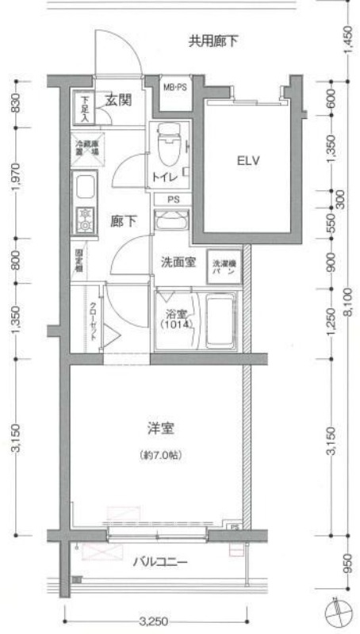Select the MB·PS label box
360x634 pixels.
174,87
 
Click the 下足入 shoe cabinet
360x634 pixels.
85,109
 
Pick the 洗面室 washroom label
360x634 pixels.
178,262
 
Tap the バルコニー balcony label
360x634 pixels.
159,563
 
